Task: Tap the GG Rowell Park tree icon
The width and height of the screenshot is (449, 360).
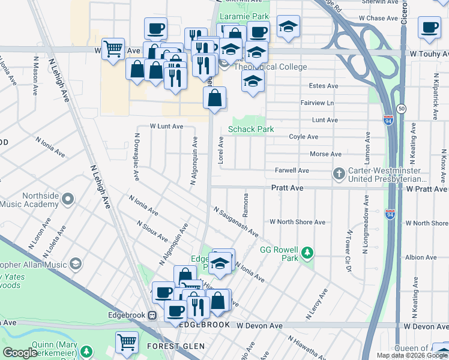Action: (x=308, y=253)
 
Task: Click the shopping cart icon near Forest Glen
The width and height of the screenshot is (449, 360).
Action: (x=127, y=342)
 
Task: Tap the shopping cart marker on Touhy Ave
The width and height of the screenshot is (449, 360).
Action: (x=113, y=49)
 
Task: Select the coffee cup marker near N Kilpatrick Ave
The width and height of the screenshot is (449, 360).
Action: (x=430, y=28)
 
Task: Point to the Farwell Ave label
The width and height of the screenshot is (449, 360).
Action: (x=292, y=171)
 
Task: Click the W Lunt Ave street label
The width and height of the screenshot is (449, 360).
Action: (x=166, y=127)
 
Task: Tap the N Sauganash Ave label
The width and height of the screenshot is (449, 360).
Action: (x=236, y=221)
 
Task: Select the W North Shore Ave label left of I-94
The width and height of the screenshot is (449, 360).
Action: (x=297, y=222)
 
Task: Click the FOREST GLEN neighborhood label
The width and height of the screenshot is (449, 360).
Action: (x=176, y=346)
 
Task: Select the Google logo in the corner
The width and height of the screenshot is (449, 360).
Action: (x=20, y=353)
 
